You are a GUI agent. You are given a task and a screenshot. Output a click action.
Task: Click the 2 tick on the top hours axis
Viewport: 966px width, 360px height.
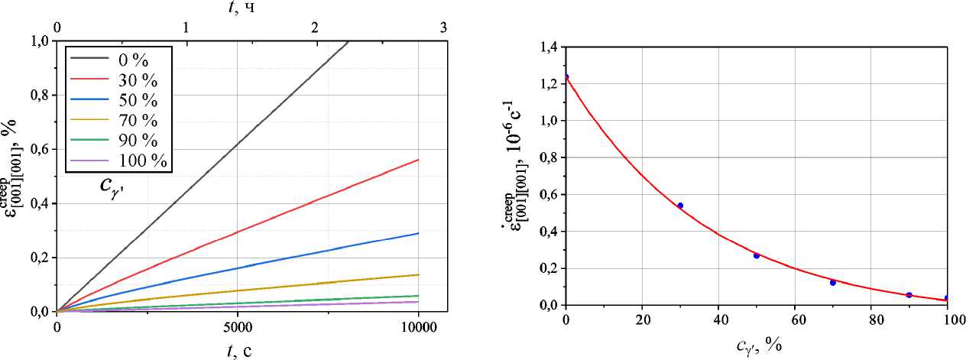coord(315,27)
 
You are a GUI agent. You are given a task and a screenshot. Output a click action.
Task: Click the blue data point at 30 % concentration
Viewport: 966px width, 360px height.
coord(680,206)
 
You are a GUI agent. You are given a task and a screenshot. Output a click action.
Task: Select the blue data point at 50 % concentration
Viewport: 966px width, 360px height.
coord(757,255)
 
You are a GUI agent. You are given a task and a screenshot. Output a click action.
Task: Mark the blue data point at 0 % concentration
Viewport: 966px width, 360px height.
coord(566,76)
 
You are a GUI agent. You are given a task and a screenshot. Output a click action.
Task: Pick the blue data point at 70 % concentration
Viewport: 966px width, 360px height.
coord(833,283)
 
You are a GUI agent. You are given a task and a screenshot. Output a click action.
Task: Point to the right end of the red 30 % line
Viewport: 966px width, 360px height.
coord(419,159)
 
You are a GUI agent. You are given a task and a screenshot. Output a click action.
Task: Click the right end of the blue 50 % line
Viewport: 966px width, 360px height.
coord(419,233)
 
